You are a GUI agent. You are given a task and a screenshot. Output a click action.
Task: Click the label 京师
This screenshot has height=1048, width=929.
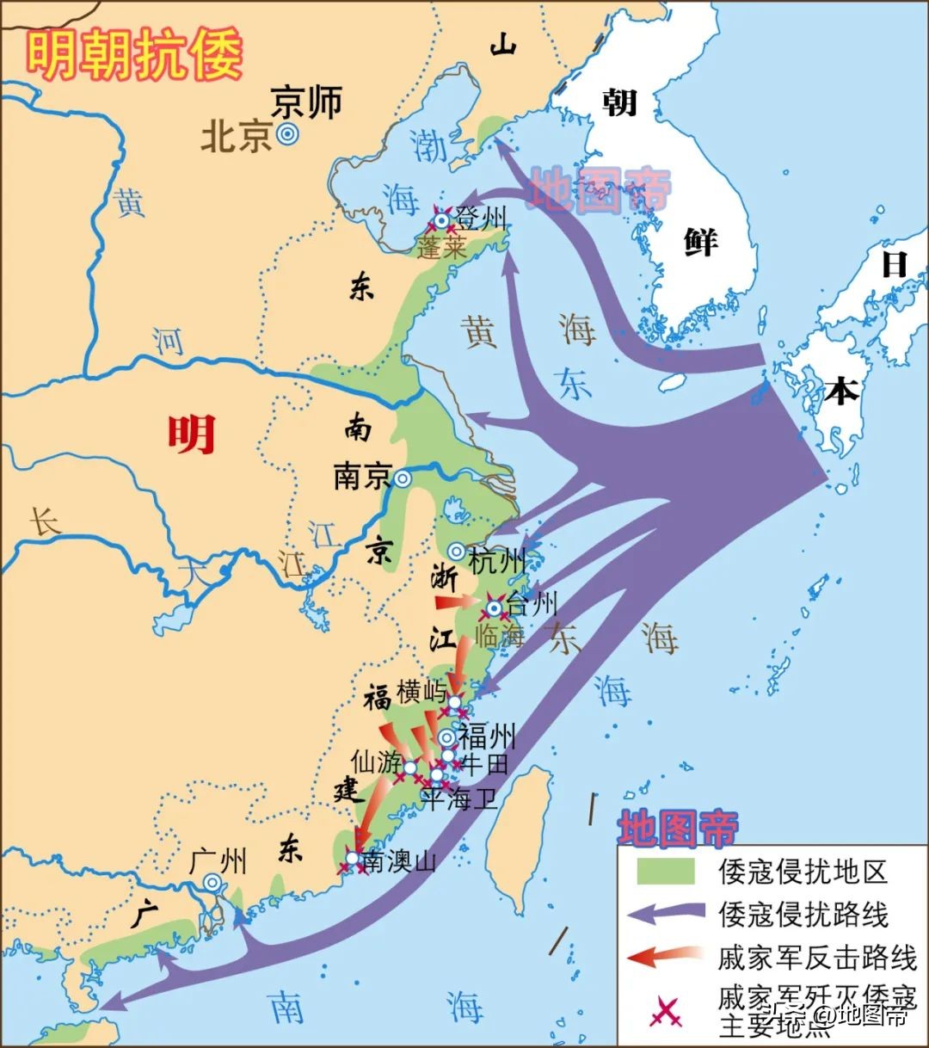[306, 102]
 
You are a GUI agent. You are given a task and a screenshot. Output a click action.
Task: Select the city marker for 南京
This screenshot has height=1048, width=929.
[401, 478]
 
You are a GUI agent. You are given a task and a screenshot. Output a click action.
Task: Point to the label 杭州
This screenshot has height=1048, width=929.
[497, 562]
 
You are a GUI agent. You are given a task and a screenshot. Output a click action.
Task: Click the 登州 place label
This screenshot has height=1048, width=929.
[482, 219]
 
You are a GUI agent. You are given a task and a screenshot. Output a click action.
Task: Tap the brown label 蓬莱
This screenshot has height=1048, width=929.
[442, 249]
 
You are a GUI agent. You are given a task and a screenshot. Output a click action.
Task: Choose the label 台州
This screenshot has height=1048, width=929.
[532, 604]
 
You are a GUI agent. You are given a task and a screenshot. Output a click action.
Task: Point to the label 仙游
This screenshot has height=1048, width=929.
[376, 761]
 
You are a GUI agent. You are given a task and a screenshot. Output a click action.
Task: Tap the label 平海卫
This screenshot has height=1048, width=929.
[458, 799]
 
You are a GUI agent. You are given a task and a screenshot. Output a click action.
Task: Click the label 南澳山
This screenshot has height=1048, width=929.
[399, 861]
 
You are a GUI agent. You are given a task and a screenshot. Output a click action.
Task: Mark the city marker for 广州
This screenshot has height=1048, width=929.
[212, 882]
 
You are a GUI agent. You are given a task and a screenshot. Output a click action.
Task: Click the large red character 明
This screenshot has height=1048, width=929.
[191, 435]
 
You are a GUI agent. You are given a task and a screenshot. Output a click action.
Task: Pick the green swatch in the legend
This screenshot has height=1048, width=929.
[665, 872]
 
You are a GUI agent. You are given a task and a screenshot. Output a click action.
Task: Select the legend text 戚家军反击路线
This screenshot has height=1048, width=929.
[817, 957]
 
